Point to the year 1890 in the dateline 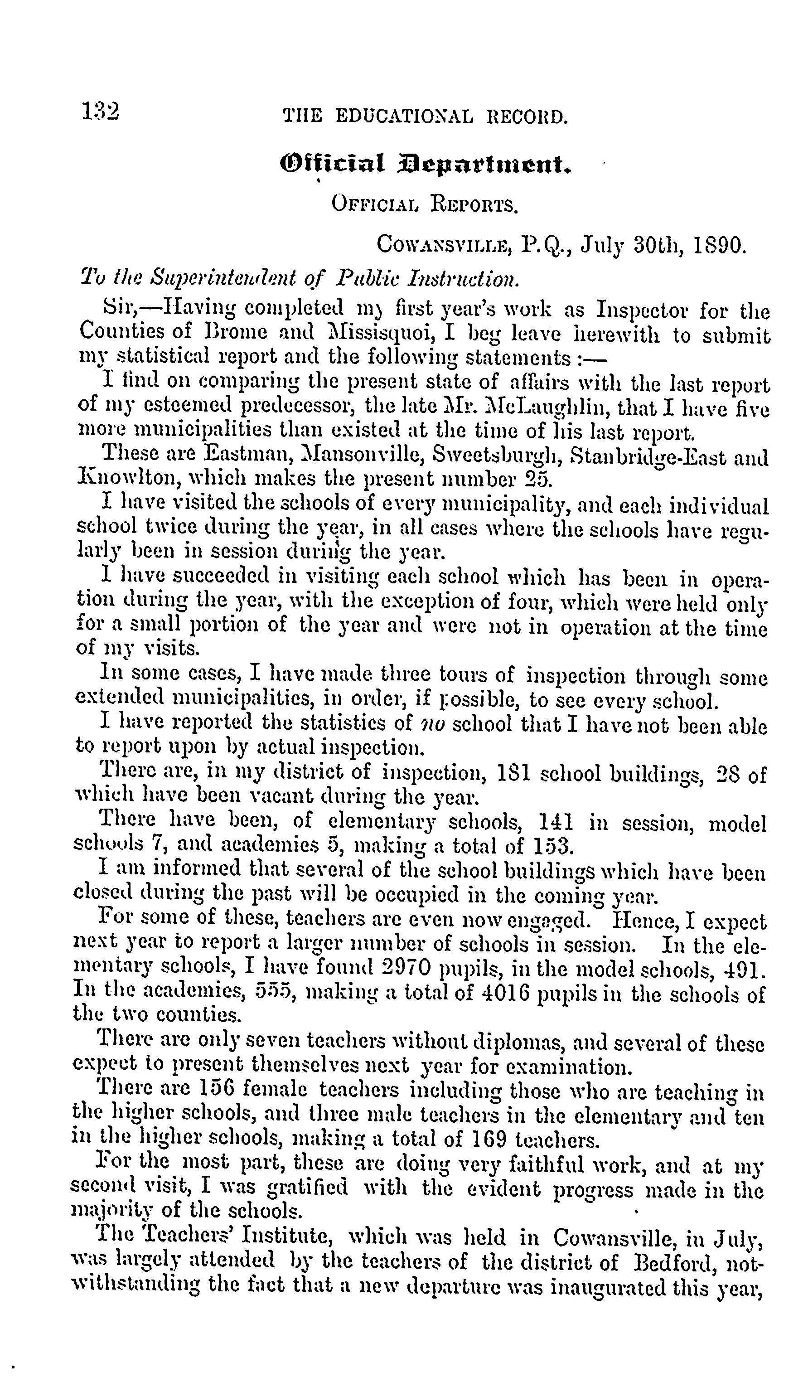[x=720, y=244]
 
